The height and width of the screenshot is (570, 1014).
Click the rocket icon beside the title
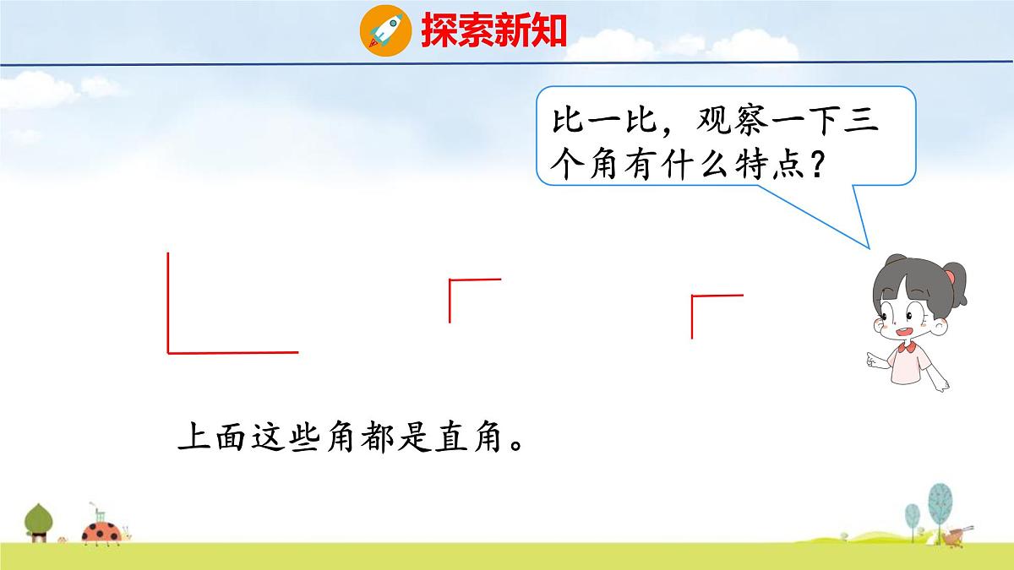point(384,30)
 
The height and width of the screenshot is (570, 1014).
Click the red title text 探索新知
point(493,31)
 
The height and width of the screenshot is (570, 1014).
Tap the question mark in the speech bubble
point(816,163)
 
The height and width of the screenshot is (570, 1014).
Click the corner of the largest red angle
point(169,351)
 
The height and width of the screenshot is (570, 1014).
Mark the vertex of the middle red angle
point(450,280)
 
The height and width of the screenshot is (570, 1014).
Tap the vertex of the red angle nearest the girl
point(692,296)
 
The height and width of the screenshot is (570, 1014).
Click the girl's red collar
point(908,345)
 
